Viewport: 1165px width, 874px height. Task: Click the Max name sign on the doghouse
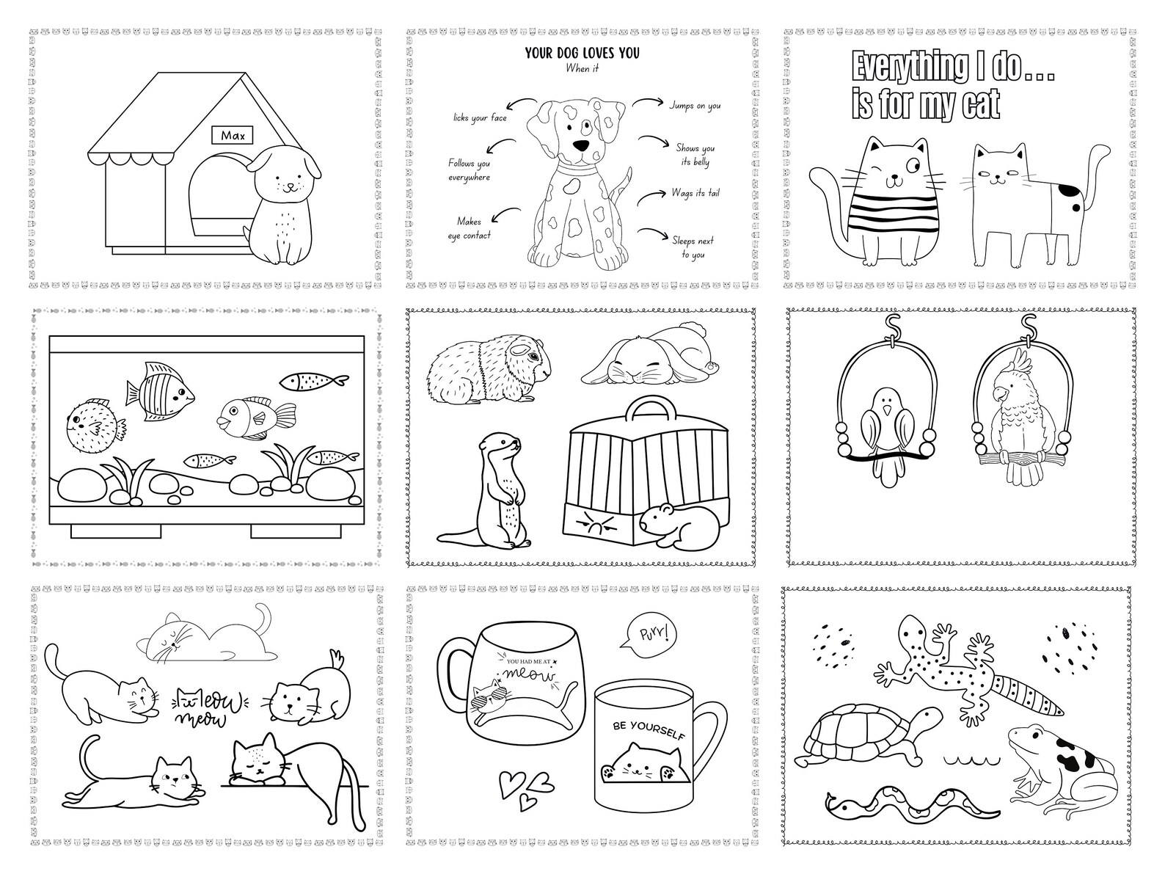coord(233,135)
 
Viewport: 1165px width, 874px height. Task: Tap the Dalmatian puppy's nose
coord(581,145)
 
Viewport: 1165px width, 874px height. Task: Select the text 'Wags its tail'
coord(695,193)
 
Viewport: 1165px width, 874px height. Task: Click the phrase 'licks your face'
coord(480,117)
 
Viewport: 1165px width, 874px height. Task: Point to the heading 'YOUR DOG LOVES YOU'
coord(582,53)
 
